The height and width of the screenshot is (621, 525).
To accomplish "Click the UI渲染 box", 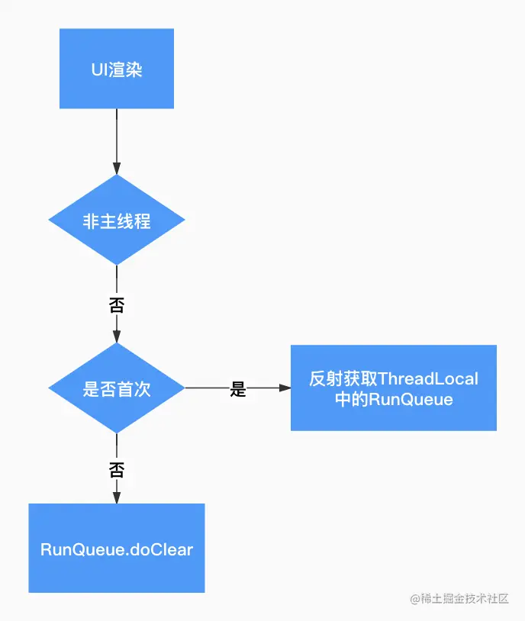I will [117, 69].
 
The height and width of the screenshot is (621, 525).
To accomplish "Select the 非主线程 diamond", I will [117, 220].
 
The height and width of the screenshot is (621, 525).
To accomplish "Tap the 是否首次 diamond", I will [117, 388].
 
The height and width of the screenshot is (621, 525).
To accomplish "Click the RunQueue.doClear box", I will [117, 548].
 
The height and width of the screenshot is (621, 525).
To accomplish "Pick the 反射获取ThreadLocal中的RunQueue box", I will [393, 388].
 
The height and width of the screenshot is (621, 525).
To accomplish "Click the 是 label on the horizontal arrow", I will [238, 389].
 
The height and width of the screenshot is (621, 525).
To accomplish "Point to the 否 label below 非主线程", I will [117, 306].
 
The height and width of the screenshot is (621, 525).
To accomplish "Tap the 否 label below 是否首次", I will [117, 468].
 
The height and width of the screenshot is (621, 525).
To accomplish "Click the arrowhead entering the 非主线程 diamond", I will [117, 169].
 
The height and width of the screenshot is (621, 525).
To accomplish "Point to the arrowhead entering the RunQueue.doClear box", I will [117, 497].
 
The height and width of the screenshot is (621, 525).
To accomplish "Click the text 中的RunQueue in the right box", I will [393, 399].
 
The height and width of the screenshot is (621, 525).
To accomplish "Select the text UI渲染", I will [117, 70].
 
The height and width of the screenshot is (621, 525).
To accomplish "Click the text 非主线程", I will [117, 221].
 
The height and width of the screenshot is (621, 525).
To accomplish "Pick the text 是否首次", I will [117, 388].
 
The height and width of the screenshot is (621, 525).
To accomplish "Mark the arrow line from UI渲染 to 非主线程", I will [117, 137].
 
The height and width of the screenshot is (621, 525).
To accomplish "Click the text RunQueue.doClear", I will [117, 549].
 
